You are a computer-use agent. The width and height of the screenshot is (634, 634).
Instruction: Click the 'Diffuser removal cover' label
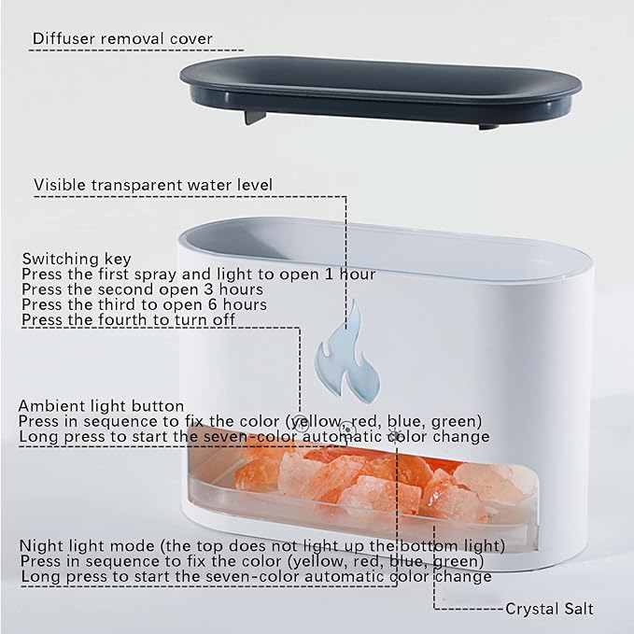coord(122,38)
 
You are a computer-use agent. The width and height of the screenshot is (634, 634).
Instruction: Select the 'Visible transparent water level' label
coord(153,185)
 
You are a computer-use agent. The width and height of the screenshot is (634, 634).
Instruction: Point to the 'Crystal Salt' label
coord(549,609)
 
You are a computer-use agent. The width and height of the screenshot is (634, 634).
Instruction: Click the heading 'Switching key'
coord(77,259)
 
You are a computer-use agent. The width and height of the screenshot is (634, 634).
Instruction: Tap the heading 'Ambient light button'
coord(101,406)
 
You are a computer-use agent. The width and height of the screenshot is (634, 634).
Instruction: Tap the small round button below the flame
coord(347,429)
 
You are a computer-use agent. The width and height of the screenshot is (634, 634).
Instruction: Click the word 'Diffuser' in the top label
coord(63,38)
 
